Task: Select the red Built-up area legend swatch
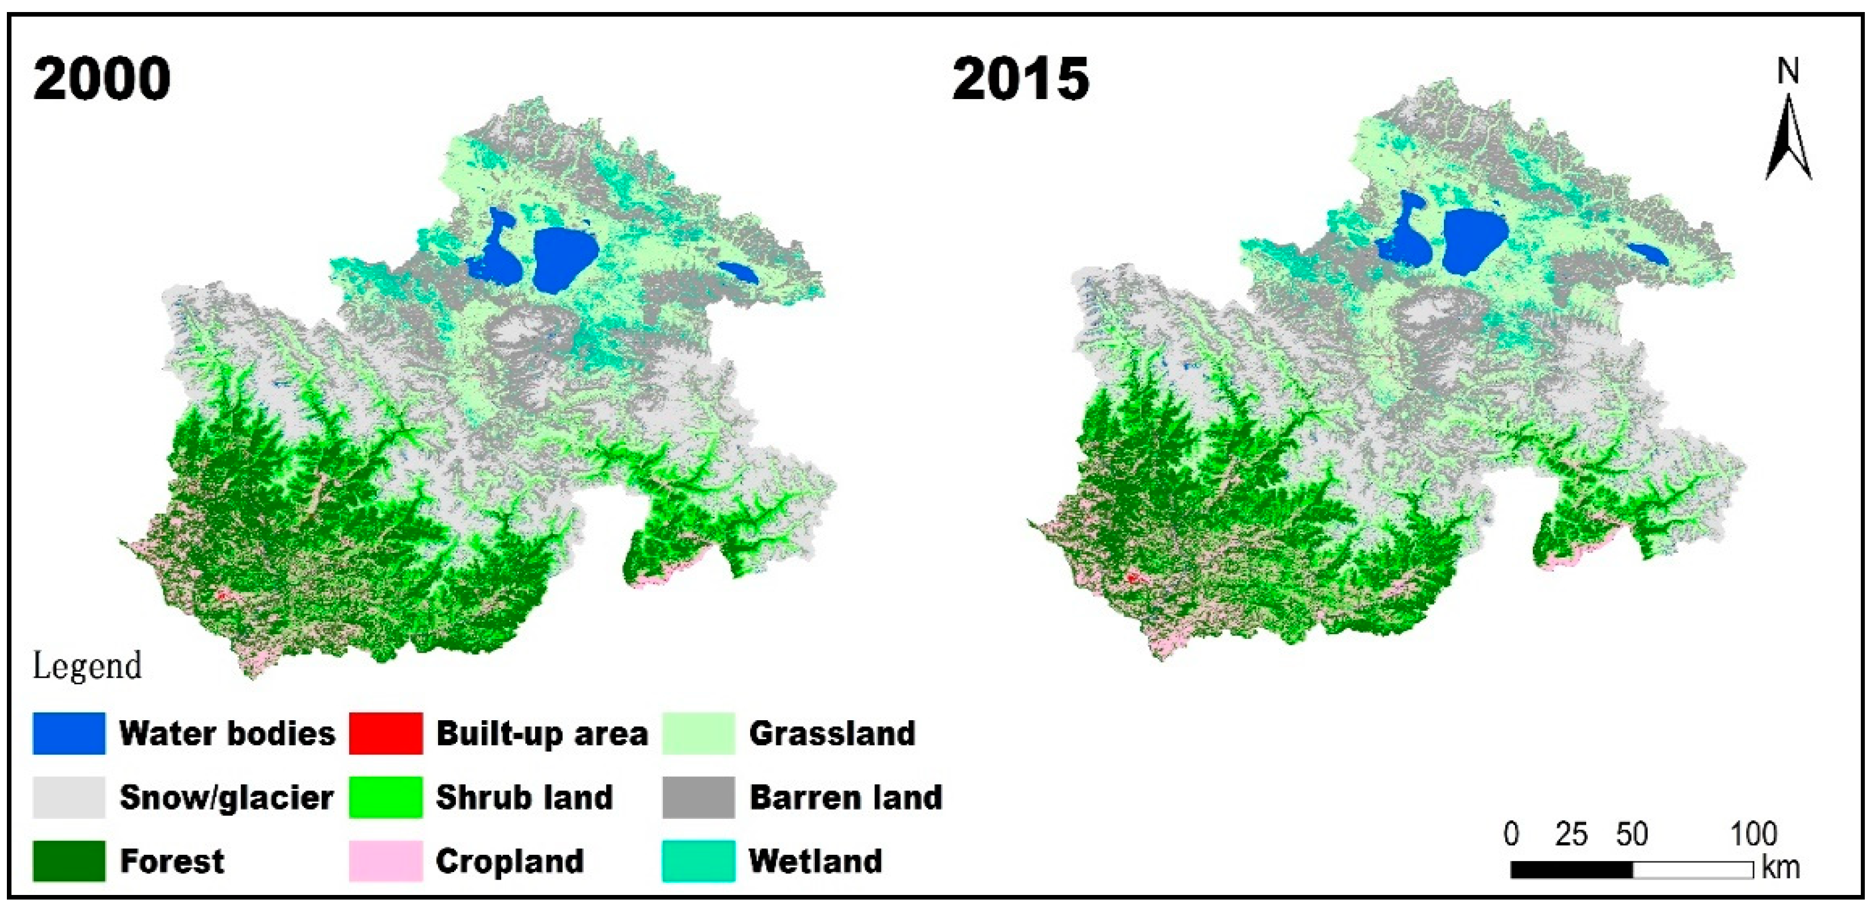(x=385, y=733)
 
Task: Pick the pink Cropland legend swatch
(x=385, y=861)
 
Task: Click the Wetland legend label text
(x=815, y=861)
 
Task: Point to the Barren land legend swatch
(x=698, y=797)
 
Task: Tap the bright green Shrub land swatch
(x=385, y=797)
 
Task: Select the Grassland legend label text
(x=831, y=733)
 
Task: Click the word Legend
(x=87, y=666)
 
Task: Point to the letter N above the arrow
(x=1788, y=71)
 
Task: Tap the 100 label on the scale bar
(x=1753, y=834)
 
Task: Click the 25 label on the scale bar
(x=1571, y=834)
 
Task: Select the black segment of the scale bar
(x=1571, y=870)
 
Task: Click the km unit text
(x=1780, y=867)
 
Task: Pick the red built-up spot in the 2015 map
(x=1133, y=578)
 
